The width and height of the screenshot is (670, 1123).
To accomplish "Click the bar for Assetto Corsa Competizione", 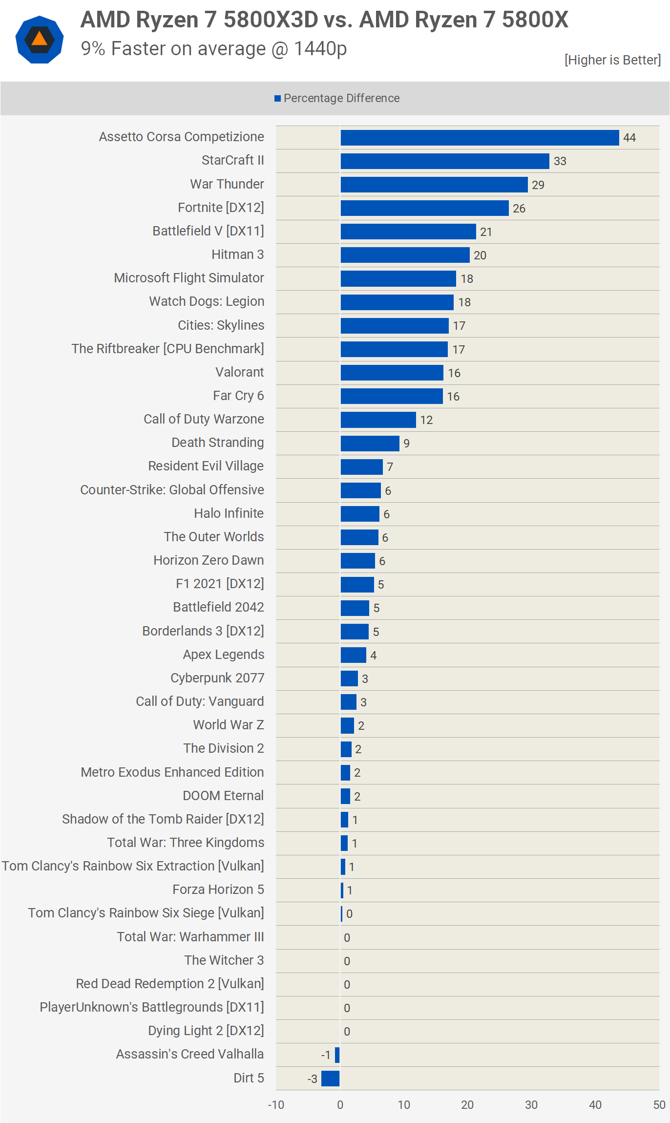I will pyautogui.click(x=480, y=138).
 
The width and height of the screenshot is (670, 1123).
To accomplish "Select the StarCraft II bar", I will pyautogui.click(x=445, y=161).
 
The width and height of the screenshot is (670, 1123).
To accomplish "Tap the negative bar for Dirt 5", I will pyautogui.click(x=331, y=1078).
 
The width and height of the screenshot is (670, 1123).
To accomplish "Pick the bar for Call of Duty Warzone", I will pyautogui.click(x=378, y=420).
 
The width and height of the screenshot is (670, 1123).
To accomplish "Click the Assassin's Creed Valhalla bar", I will pyautogui.click(x=337, y=1055).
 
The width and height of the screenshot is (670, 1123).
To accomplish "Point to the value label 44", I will pyautogui.click(x=629, y=138).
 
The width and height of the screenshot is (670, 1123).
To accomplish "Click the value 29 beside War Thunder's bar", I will pyautogui.click(x=538, y=185).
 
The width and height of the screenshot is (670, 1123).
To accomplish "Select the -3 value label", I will pyautogui.click(x=313, y=1079).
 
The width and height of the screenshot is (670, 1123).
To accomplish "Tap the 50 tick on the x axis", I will pyautogui.click(x=659, y=1105).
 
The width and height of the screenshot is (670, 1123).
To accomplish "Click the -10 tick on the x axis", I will pyautogui.click(x=276, y=1105).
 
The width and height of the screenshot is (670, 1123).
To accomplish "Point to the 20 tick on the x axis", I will pyautogui.click(x=467, y=1105).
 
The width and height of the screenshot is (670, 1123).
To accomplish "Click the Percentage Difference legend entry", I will pyautogui.click(x=337, y=98).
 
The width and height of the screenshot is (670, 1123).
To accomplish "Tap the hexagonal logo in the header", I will pyautogui.click(x=40, y=40).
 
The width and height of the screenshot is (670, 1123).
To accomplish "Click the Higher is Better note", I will pyautogui.click(x=612, y=60).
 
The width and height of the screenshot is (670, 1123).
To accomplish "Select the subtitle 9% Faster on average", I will pyautogui.click(x=214, y=49).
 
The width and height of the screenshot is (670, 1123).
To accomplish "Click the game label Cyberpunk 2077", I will pyautogui.click(x=217, y=678).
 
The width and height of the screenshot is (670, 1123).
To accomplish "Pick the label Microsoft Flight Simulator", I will pyautogui.click(x=189, y=278).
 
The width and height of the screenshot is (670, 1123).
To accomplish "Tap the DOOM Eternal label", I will pyautogui.click(x=223, y=796).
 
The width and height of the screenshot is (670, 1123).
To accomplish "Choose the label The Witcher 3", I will pyautogui.click(x=224, y=960).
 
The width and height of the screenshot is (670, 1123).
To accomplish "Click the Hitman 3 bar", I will pyautogui.click(x=405, y=255).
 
